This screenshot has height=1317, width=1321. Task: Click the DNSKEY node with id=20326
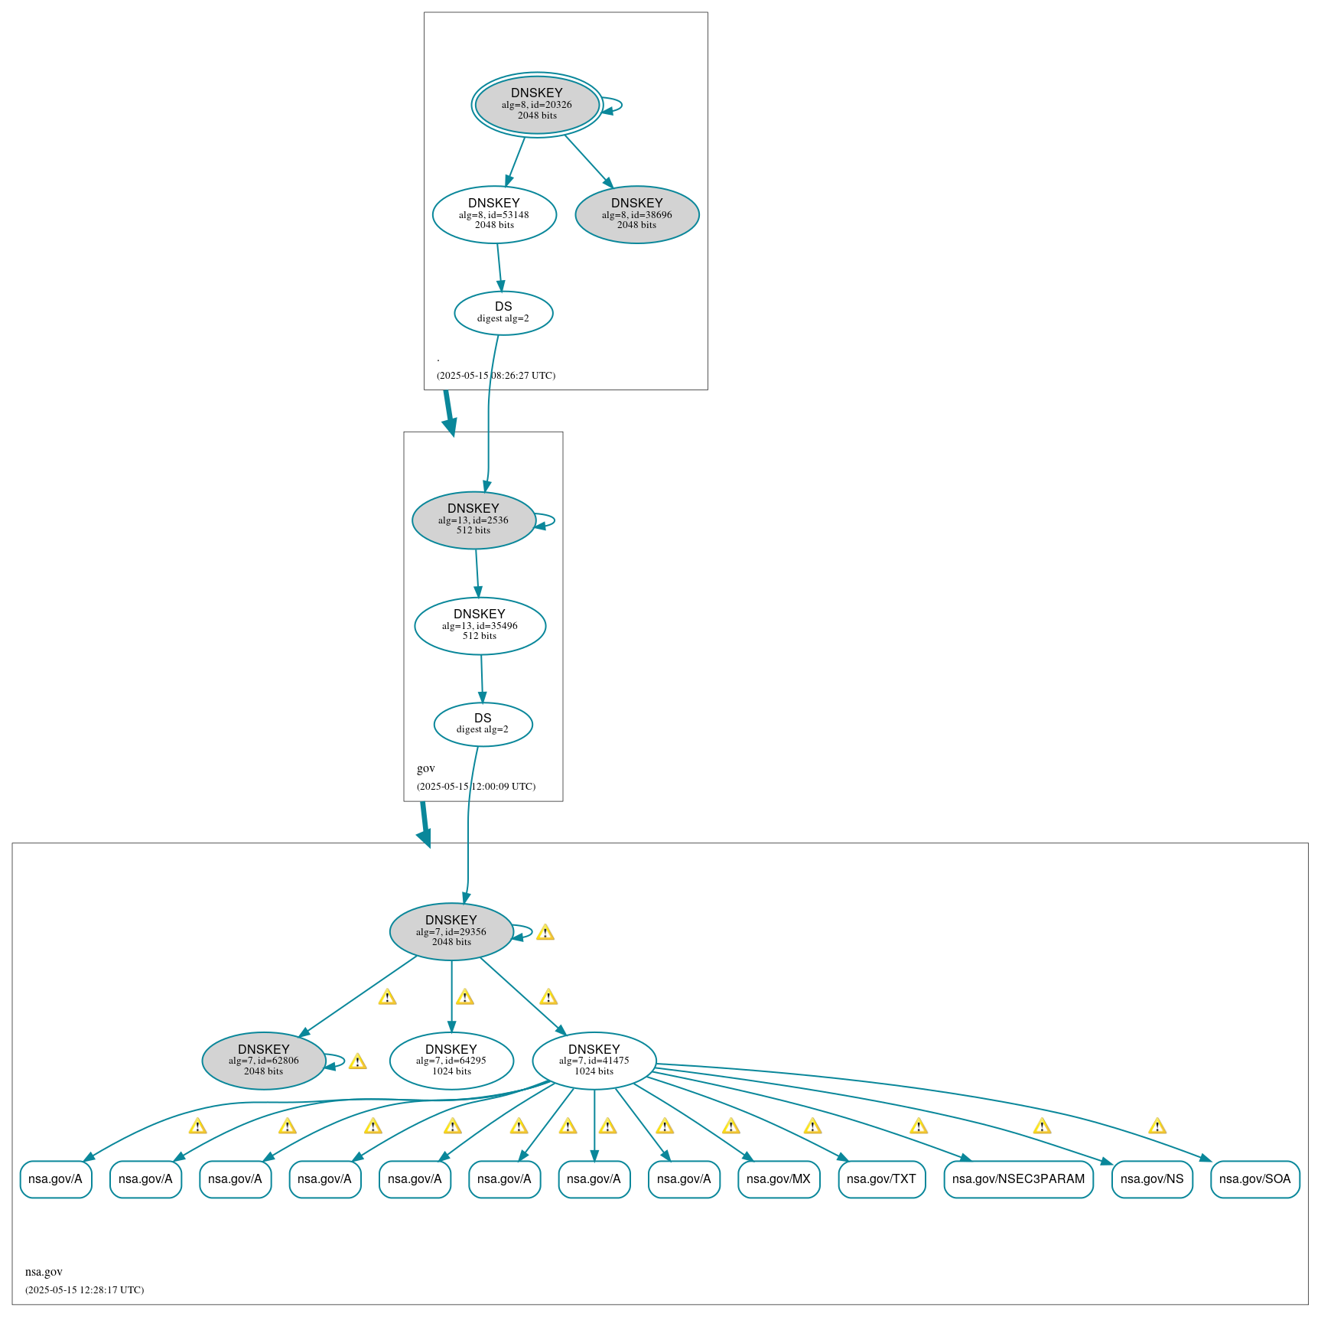coord(536,105)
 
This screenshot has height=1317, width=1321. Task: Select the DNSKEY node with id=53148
coord(494,214)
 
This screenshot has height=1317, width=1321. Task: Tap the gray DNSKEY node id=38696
coord(636,214)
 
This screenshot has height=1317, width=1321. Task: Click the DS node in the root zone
coord(503,312)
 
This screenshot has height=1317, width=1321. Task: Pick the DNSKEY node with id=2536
coord(473,520)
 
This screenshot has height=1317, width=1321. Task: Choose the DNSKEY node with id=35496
coord(480,625)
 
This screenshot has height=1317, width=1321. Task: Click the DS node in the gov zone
coord(483,723)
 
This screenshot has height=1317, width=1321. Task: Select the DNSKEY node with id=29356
coord(451,931)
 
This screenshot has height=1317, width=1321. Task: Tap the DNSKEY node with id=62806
coord(264,1061)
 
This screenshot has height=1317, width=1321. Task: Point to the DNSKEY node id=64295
coord(451,1061)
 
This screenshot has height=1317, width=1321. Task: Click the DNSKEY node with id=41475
coord(594,1061)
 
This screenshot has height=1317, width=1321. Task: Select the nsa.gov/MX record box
coord(778,1178)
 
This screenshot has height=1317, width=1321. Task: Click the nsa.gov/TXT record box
coord(881,1178)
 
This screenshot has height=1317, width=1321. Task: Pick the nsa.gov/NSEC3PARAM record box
coord(1018,1178)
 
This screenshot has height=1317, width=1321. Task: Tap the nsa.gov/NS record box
coord(1151,1178)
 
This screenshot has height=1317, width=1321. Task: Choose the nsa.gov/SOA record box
coord(1254,1178)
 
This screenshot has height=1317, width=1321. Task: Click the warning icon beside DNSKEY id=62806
coord(357,1061)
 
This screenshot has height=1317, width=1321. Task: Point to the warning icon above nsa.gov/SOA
coord(1157,1126)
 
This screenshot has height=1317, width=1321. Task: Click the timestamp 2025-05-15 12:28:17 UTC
coord(84,1289)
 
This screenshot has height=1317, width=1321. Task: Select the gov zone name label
coord(426,768)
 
